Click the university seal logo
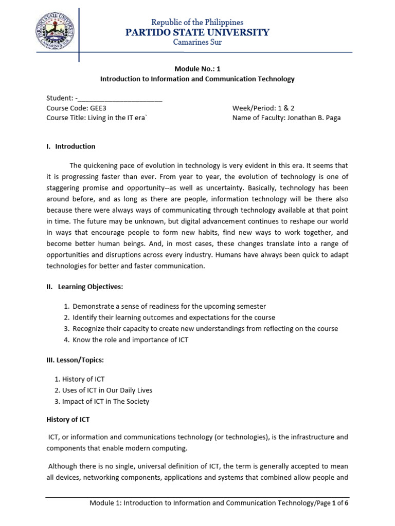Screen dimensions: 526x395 click(54, 32)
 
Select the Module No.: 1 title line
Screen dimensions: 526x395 click(197, 68)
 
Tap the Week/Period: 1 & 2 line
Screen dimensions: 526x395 click(263, 108)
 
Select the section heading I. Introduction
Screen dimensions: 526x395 click(71, 146)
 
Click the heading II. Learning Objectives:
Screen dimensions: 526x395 click(85, 286)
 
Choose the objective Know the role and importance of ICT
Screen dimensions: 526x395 click(130, 340)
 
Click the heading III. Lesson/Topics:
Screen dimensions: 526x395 click(76, 360)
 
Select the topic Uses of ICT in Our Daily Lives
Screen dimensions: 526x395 click(107, 390)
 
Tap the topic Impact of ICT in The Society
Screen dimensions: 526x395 click(105, 401)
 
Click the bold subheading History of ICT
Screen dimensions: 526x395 click(68, 420)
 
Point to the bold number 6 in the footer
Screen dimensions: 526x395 click(347, 503)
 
